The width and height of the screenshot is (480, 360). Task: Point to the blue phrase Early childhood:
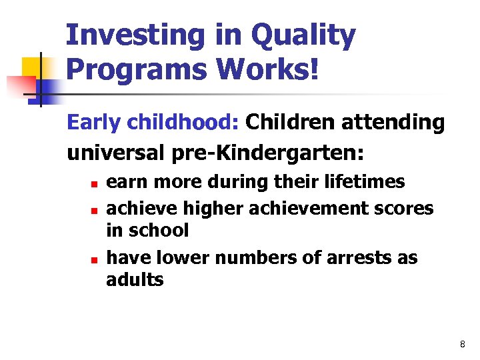tap(153, 123)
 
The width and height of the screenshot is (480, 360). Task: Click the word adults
tap(135, 279)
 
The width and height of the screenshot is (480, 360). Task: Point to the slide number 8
tap(462, 344)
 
